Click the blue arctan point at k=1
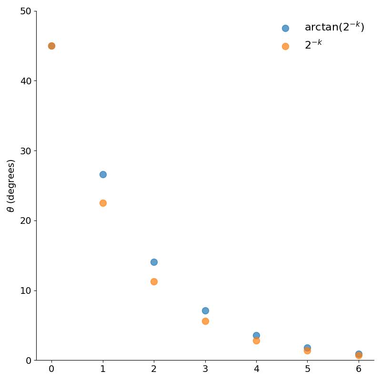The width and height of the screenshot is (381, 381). [x=103, y=174]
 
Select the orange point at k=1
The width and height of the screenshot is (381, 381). [x=103, y=203]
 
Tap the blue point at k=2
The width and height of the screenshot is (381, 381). [x=154, y=262]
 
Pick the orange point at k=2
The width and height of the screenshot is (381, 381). [x=154, y=281]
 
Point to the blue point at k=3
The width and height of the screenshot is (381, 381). [x=205, y=311]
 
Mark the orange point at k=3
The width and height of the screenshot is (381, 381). [x=205, y=321]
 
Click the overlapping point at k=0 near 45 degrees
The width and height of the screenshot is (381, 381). [x=51, y=46]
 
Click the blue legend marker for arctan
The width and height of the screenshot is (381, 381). [x=285, y=28]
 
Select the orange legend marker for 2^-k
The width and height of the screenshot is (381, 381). [x=285, y=46]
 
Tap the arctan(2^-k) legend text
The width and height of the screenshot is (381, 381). [x=334, y=27]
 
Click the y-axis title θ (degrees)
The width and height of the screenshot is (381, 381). [x=11, y=186]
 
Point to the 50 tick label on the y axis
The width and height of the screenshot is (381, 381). [x=25, y=11]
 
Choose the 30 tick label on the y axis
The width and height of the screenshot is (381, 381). [x=25, y=151]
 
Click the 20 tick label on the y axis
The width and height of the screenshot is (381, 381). [x=25, y=221]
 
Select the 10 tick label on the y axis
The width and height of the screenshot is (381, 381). [x=25, y=291]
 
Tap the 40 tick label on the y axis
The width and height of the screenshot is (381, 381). [x=25, y=81]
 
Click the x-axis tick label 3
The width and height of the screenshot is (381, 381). [x=205, y=370]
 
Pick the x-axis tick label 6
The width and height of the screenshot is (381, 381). [x=359, y=370]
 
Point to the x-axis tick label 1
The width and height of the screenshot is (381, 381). [x=103, y=370]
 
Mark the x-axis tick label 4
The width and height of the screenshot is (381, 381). [x=256, y=370]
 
